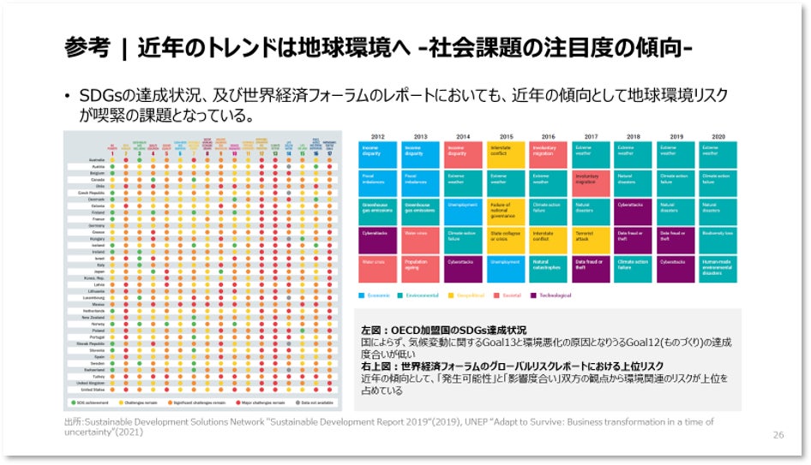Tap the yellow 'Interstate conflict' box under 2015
[x=506, y=154]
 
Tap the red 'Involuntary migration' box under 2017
[x=591, y=182]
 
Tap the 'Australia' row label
[x=86, y=159]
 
